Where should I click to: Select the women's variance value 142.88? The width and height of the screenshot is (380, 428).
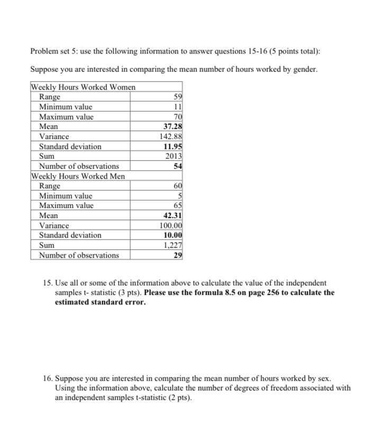170,136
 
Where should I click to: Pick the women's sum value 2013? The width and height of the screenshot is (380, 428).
174,156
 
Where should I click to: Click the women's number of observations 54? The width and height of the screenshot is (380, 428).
177,166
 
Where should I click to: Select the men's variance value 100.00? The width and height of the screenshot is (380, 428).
170,225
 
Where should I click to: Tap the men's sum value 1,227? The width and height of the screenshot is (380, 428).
172,245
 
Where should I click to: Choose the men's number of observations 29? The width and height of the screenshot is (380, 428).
177,255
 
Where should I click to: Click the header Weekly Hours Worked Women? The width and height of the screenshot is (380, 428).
84,87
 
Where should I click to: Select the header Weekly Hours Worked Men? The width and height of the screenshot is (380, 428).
78,176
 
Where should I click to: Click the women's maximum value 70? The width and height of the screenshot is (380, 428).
177,117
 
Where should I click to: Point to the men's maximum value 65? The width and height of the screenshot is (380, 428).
177,206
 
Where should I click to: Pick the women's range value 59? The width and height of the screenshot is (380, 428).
177,97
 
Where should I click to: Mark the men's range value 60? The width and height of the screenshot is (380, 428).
177,186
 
